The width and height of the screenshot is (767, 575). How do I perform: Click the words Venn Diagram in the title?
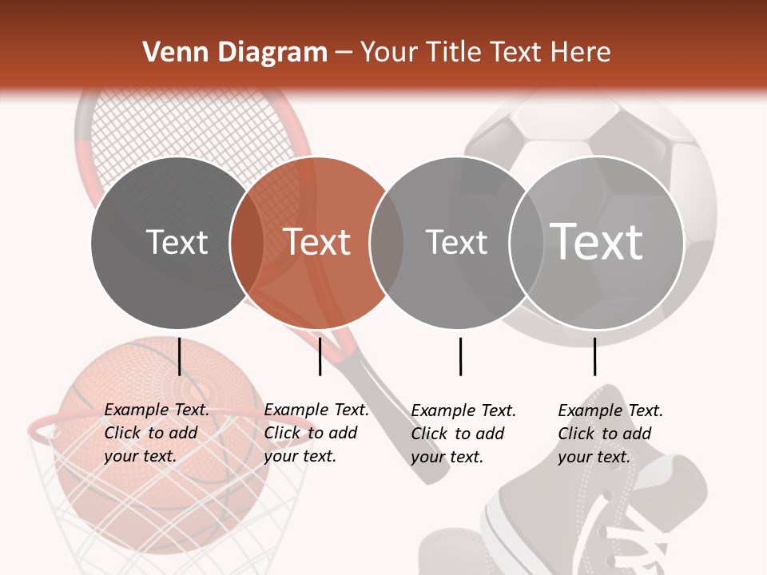[235, 53]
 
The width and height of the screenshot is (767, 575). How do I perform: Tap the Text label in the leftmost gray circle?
[177, 243]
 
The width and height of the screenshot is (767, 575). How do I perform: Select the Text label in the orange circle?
[317, 243]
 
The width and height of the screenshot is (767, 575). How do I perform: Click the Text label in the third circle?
[456, 243]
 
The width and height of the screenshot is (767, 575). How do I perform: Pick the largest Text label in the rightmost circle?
[597, 241]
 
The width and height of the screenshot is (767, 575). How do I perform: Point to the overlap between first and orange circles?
[247, 243]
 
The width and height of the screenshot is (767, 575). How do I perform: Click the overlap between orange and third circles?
[387, 243]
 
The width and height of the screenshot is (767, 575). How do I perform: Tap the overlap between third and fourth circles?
[527, 243]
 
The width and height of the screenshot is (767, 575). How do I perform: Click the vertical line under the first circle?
[180, 356]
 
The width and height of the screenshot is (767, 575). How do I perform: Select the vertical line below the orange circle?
[320, 356]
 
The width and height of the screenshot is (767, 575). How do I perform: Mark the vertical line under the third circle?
[460, 356]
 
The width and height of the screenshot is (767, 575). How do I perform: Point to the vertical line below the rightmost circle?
[594, 356]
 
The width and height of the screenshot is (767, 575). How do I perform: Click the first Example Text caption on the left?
[156, 433]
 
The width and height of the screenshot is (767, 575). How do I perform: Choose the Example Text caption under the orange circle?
[316, 433]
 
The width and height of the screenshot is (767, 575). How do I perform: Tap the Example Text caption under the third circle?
[463, 434]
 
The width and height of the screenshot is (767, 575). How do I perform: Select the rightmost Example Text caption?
[610, 434]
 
